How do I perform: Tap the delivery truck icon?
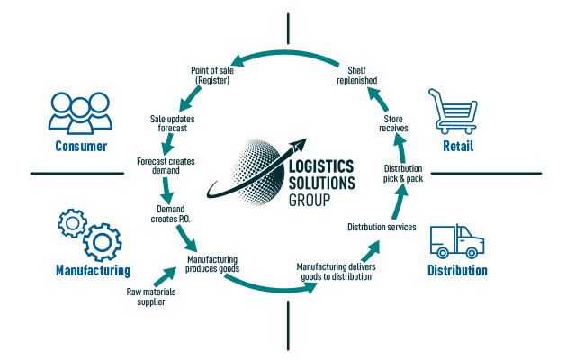point(457,241)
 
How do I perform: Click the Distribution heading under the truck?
point(457,270)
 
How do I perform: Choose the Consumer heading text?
point(81,146)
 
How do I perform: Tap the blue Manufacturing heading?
point(93,270)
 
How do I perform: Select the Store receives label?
point(393,123)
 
